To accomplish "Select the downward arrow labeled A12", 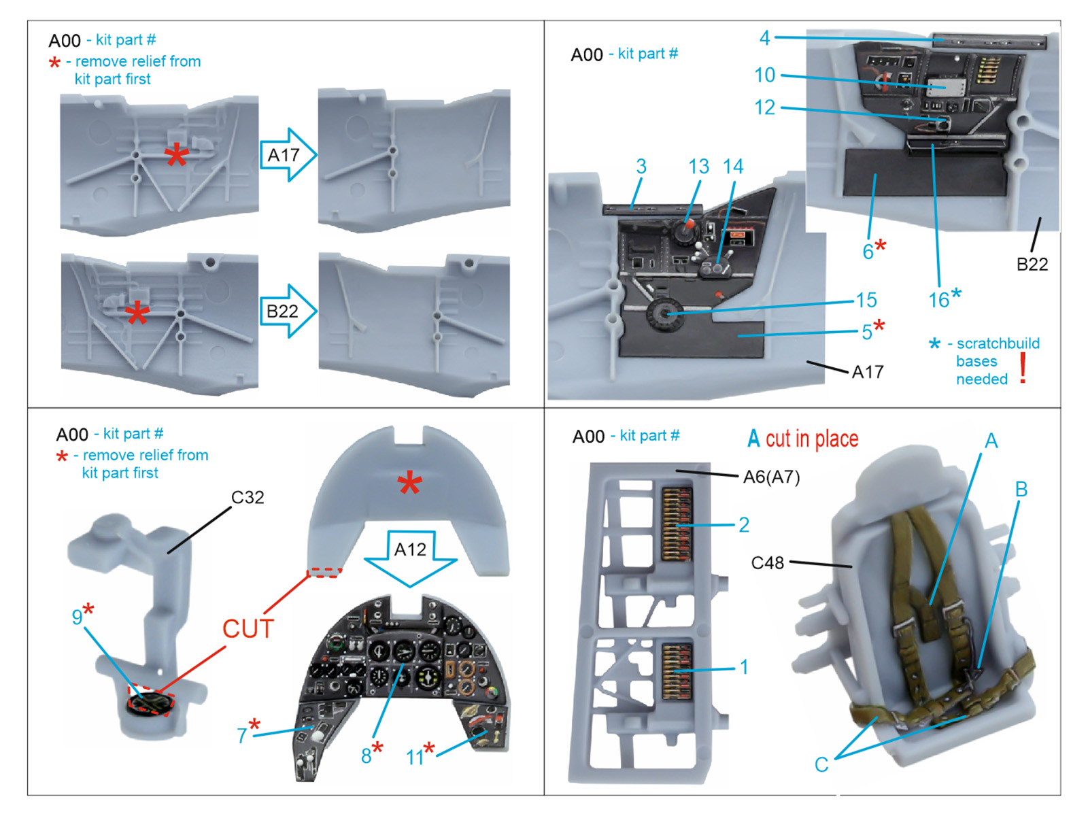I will [410, 555].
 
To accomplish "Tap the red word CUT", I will [248, 629].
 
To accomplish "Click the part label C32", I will [248, 497].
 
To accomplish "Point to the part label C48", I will [767, 563].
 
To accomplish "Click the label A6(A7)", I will [771, 477].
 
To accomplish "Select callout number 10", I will [764, 75].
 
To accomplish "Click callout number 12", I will [764, 107].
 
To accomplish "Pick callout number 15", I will [866, 300].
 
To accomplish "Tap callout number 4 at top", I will [765, 38].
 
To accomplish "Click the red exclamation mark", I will [1023, 369].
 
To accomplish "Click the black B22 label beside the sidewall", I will [1032, 265].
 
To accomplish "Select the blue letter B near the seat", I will [1021, 489].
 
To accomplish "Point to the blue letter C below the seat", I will [821, 764].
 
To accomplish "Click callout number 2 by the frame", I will [744, 524].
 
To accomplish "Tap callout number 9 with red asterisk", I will [78, 616].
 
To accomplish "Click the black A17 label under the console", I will [868, 372].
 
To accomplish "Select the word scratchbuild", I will [998, 343].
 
